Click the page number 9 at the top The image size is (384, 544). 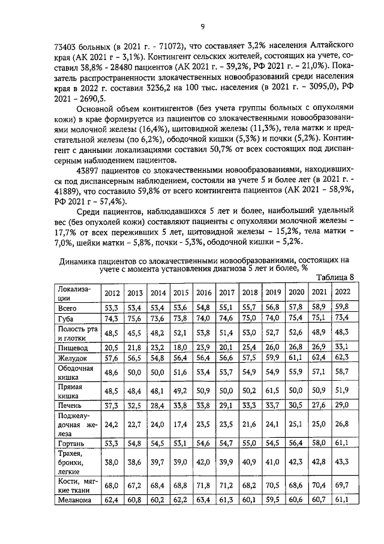click(203, 25)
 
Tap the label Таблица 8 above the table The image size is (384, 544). click(334, 276)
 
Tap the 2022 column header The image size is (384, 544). click(342, 292)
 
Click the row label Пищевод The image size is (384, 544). click(73, 347)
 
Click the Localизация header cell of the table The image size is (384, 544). click(76, 293)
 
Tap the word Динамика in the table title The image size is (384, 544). click(81, 261)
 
